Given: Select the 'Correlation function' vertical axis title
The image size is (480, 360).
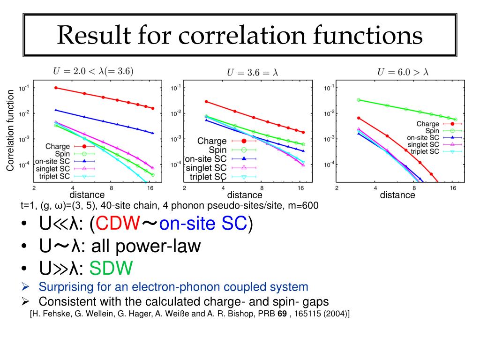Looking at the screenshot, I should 10,130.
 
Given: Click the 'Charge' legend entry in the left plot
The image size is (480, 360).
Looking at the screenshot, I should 58,147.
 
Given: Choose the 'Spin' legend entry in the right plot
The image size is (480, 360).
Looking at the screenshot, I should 432,131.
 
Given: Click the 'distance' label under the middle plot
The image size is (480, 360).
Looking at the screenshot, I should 245,195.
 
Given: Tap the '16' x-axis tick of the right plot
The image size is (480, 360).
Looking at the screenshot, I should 453,188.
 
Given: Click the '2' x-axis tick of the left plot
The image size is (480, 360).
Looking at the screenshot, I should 34,188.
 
